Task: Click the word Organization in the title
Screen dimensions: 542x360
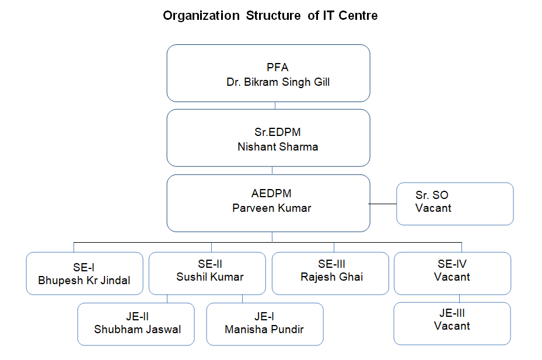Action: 201,16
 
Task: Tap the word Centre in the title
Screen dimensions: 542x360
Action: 358,16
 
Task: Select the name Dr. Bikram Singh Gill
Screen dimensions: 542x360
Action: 278,82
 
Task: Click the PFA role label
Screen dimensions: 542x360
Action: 278,68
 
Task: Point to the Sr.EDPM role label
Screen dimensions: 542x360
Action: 278,132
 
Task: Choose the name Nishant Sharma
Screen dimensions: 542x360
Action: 278,147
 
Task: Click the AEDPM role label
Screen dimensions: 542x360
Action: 271,193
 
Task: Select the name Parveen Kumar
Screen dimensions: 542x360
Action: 272,208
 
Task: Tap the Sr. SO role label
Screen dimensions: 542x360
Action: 432,195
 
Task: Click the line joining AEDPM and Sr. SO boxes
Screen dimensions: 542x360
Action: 383,204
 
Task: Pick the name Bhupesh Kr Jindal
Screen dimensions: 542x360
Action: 84,281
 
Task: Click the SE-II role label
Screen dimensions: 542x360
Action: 210,264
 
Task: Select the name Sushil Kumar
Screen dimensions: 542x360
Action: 210,277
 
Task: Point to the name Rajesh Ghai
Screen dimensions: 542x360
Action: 332,277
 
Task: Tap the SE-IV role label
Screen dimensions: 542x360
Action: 452,264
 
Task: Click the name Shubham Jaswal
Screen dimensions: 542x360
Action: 138,330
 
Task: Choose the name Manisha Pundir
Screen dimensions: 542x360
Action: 264,330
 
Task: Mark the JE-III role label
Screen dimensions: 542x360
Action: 452,313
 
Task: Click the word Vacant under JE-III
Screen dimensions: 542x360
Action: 452,326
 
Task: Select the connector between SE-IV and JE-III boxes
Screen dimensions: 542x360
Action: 459,299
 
